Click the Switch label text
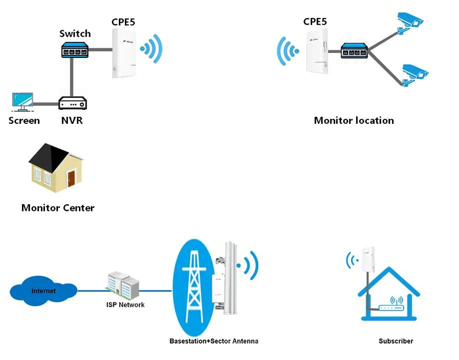pyautogui.click(x=75, y=33)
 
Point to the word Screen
pyautogui.click(x=24, y=121)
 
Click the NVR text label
pyautogui.click(x=72, y=121)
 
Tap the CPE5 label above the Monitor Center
pyautogui.click(x=123, y=22)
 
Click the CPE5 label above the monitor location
pyautogui.click(x=315, y=22)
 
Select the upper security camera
pyautogui.click(x=410, y=22)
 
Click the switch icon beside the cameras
pyautogui.click(x=354, y=50)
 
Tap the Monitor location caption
pyautogui.click(x=353, y=121)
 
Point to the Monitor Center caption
pyautogui.click(x=58, y=208)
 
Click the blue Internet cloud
pyautogui.click(x=43, y=290)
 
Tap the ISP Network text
pyautogui.click(x=125, y=305)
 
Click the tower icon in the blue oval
pyautogui.click(x=193, y=287)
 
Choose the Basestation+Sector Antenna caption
pyautogui.click(x=213, y=341)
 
